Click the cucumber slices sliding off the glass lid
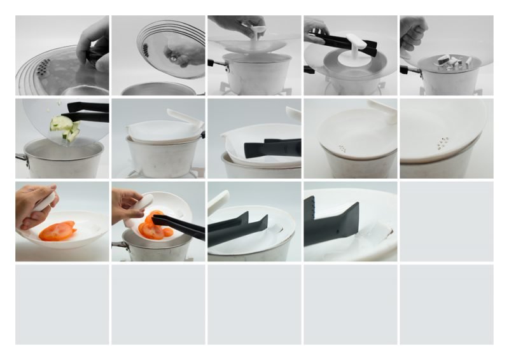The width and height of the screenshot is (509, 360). click(x=66, y=128)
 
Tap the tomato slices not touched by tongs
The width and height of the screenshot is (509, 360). click(x=57, y=232)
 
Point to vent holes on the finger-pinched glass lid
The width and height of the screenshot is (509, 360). click(x=43, y=65)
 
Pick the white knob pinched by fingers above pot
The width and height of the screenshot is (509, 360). click(x=256, y=32)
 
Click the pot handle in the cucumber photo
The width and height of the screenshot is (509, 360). click(x=21, y=157)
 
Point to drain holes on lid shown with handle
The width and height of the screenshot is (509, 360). click(x=343, y=149)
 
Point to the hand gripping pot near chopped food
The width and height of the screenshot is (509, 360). click(x=412, y=36)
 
